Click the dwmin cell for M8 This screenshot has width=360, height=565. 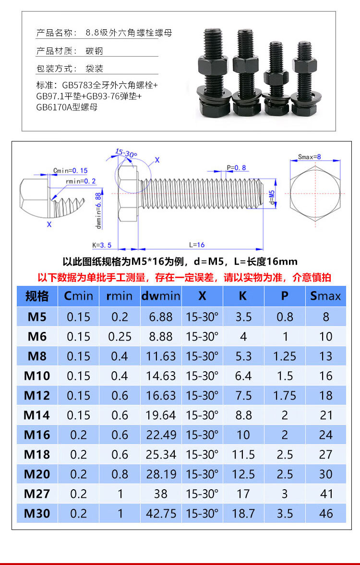pos(161,356)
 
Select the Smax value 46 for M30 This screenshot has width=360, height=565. pos(326,514)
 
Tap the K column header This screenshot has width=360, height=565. pos(243,296)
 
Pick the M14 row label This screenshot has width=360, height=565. pos(37,415)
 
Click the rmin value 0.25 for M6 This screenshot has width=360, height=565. pos(120,337)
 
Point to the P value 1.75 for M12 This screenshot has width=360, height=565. pos(285,396)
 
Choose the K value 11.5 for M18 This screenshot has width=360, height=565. pos(243,454)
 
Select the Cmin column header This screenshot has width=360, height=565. pos(78,296)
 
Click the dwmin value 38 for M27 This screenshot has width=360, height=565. pos(161,494)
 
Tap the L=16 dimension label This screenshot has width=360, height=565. pos(197,245)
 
